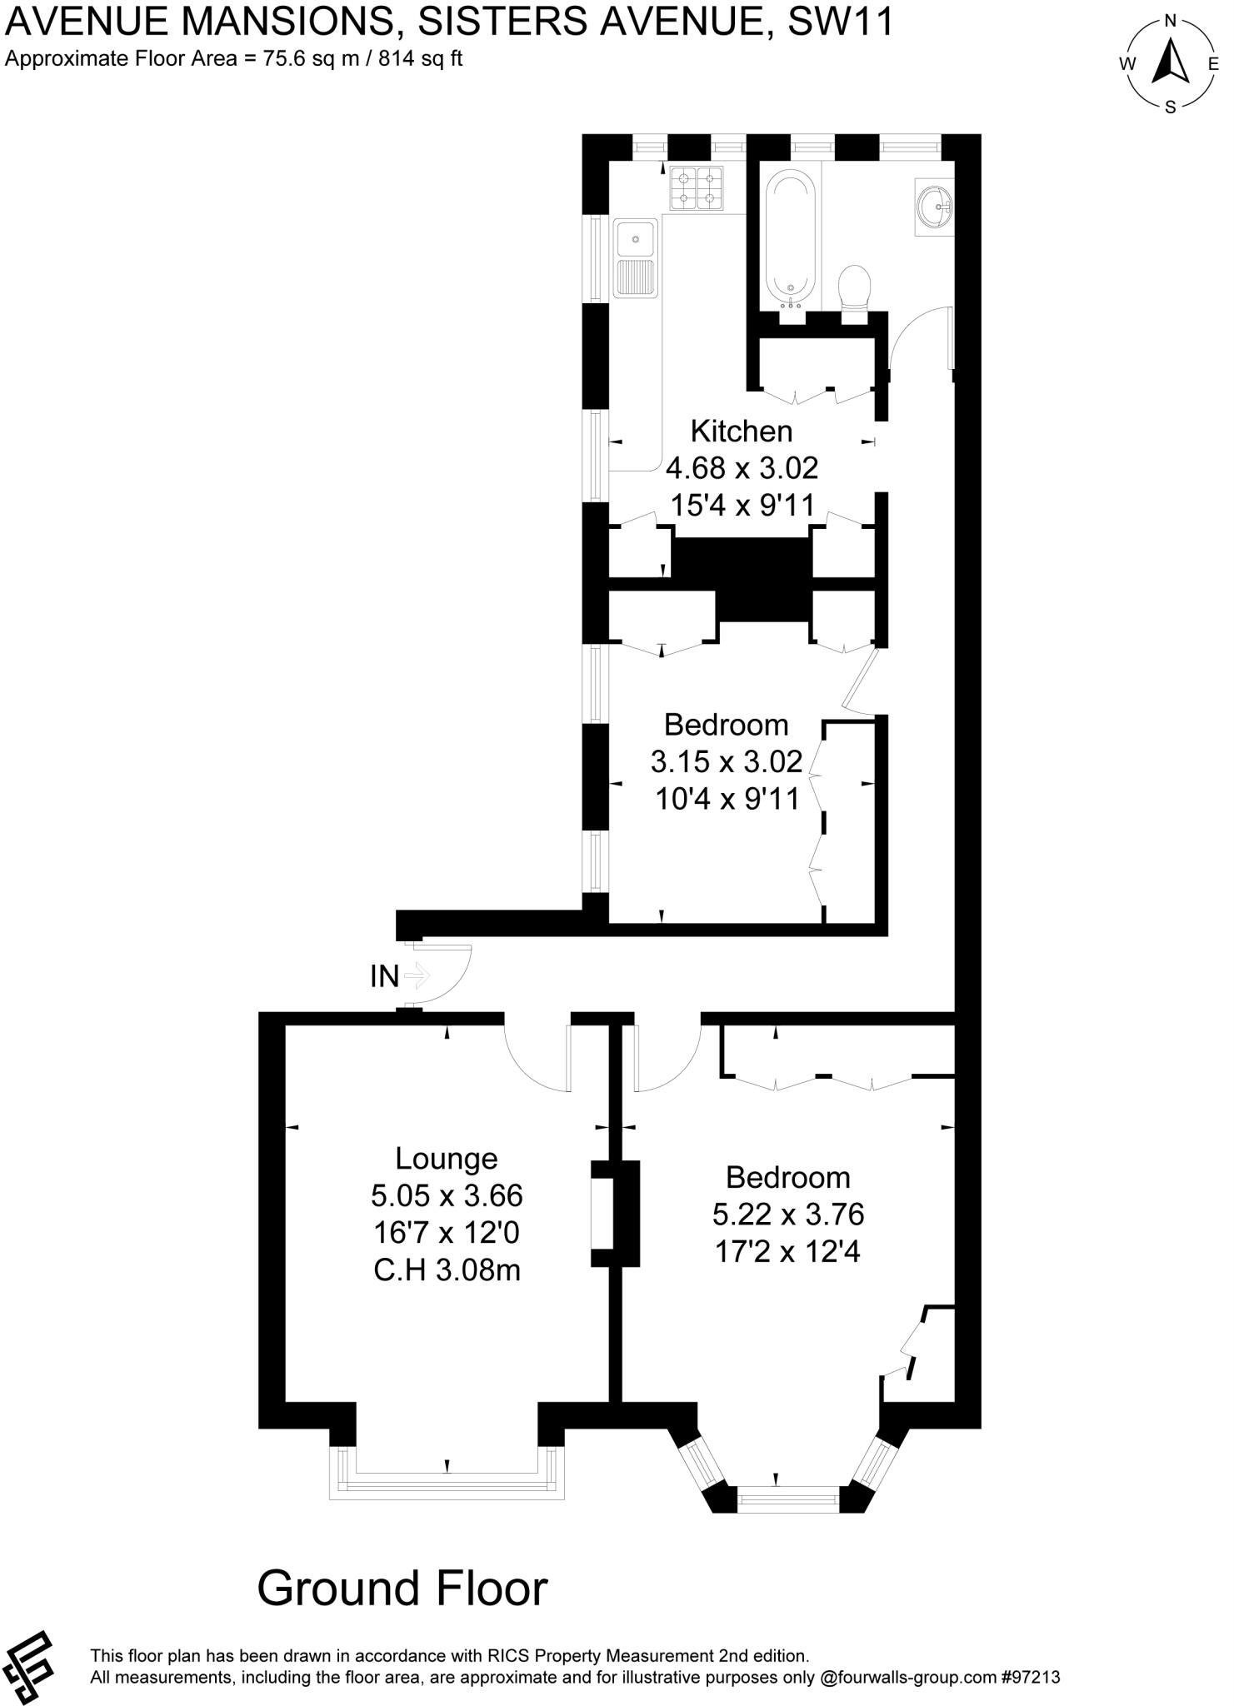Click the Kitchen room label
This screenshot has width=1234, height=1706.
tap(741, 431)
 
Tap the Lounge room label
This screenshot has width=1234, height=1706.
tap(447, 1159)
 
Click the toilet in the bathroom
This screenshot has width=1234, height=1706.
tap(854, 288)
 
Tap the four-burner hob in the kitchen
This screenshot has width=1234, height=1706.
tap(696, 187)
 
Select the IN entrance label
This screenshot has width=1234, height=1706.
tap(385, 976)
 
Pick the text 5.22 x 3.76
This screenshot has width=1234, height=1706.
tap(787, 1215)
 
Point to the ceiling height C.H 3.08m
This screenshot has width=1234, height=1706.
tap(447, 1270)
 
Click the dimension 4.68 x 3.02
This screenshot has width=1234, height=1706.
tap(742, 468)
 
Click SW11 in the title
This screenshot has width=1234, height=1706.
tap(840, 22)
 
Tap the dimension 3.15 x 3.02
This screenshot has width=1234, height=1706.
tap(727, 761)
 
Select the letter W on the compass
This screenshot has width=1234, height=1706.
tap(1127, 64)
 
